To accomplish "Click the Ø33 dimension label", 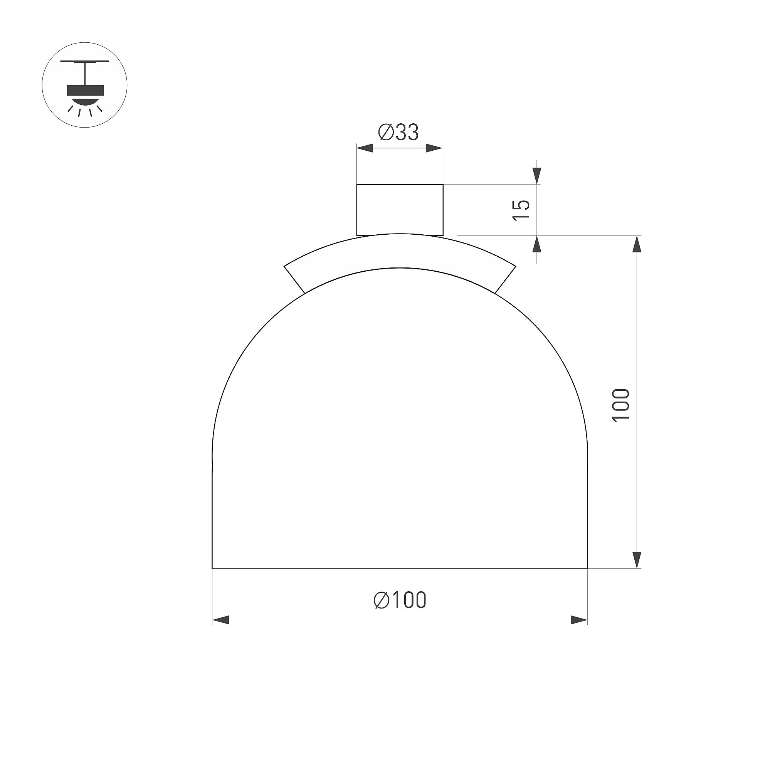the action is click(398, 132).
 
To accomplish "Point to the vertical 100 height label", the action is click(620, 405).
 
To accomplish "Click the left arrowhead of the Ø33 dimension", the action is click(365, 148).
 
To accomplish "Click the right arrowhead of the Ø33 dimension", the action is click(434, 148).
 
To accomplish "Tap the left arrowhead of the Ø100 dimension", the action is click(220, 620).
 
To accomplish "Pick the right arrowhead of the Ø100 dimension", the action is click(579, 620).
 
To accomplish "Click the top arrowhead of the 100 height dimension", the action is click(637, 244).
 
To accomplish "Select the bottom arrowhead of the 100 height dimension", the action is click(637, 560).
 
